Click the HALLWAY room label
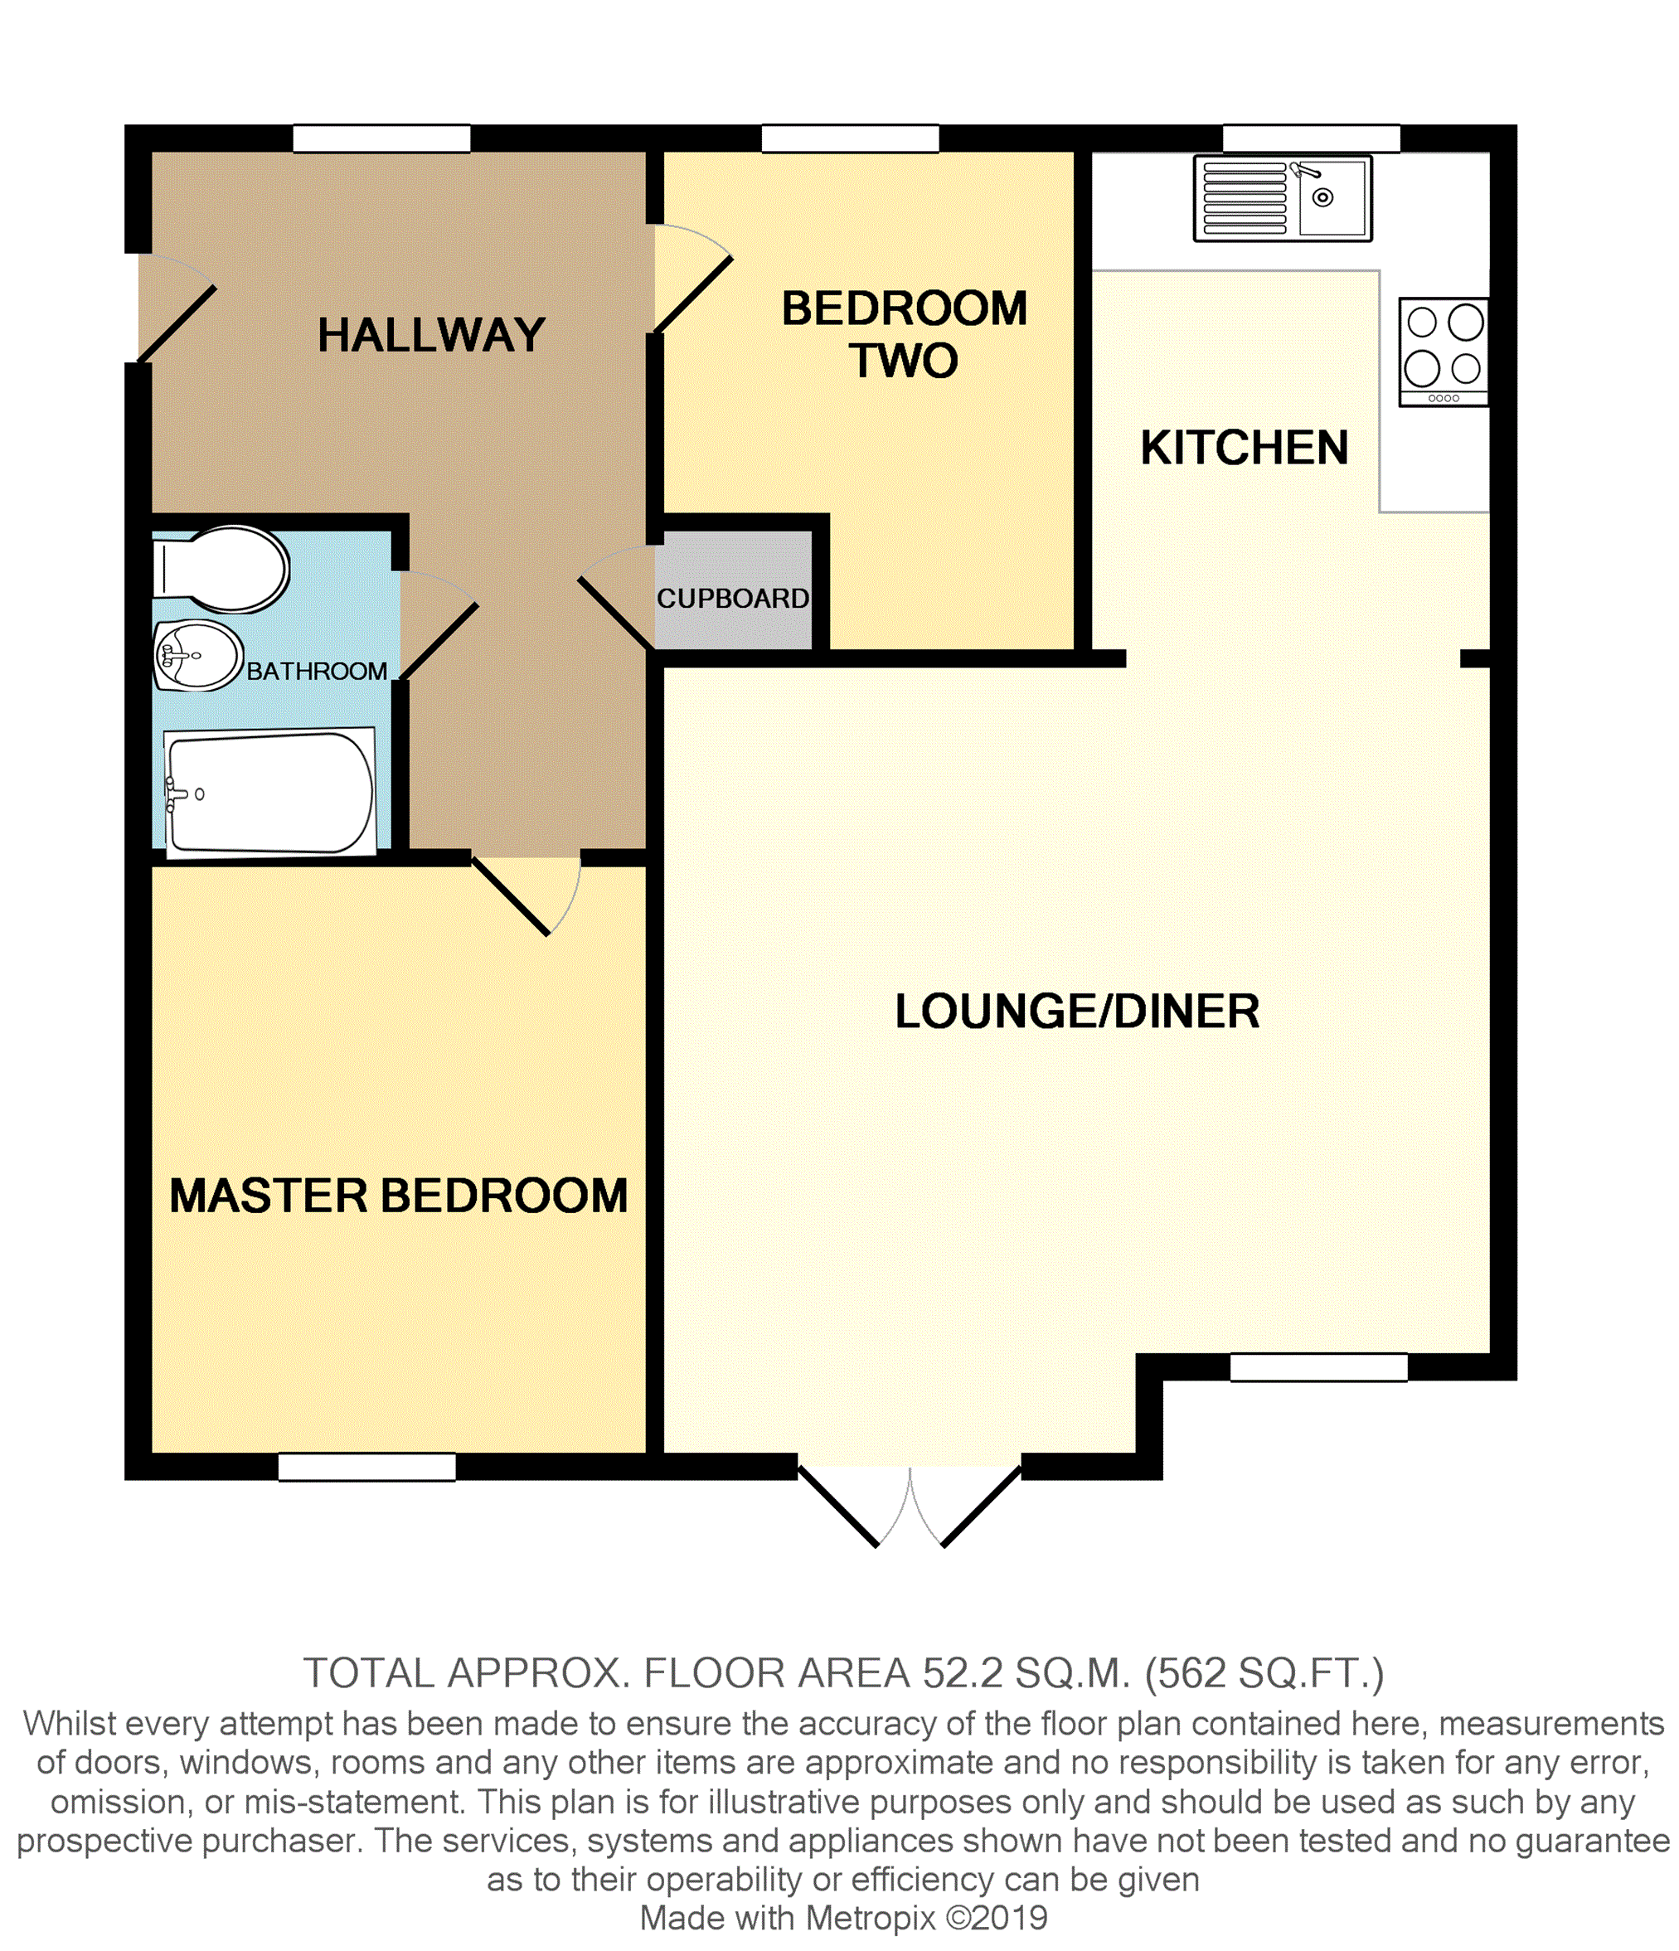click(x=431, y=335)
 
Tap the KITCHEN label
click(x=1244, y=447)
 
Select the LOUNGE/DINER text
click(x=1076, y=1012)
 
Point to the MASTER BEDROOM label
click(x=398, y=1196)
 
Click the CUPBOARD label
click(x=733, y=598)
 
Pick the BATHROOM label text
click(x=317, y=671)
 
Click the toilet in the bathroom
click(x=221, y=569)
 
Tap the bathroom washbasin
click(x=199, y=654)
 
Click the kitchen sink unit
click(x=1283, y=197)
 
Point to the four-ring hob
click(x=1444, y=352)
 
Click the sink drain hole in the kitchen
click(x=1323, y=197)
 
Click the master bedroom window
click(x=367, y=1467)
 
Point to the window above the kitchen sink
click(x=1311, y=138)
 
